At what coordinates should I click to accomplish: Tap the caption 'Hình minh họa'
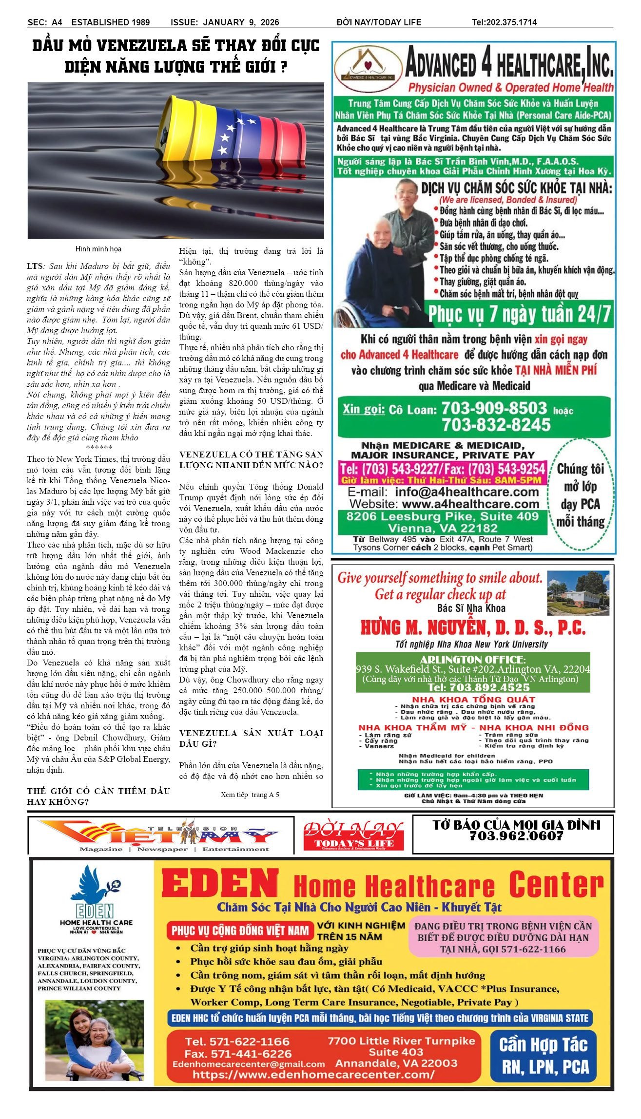pos(98,249)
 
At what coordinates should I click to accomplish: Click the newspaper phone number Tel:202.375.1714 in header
pos(504,22)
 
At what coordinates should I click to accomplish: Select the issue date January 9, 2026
pos(241,22)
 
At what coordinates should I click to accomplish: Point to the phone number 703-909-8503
pos(494,408)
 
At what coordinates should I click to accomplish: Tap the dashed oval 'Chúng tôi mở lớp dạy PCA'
pos(580,495)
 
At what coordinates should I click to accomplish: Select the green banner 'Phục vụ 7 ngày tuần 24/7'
pos(519,314)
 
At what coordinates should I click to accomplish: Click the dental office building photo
pos(578,593)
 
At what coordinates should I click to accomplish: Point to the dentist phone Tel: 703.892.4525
pos(479,687)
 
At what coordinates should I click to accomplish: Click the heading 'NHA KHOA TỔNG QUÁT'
pos(473,700)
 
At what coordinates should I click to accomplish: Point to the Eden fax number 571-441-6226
pos(238,1054)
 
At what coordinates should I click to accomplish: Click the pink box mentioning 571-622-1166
pos(504,937)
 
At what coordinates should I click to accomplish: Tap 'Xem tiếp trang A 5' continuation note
pos(250,795)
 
